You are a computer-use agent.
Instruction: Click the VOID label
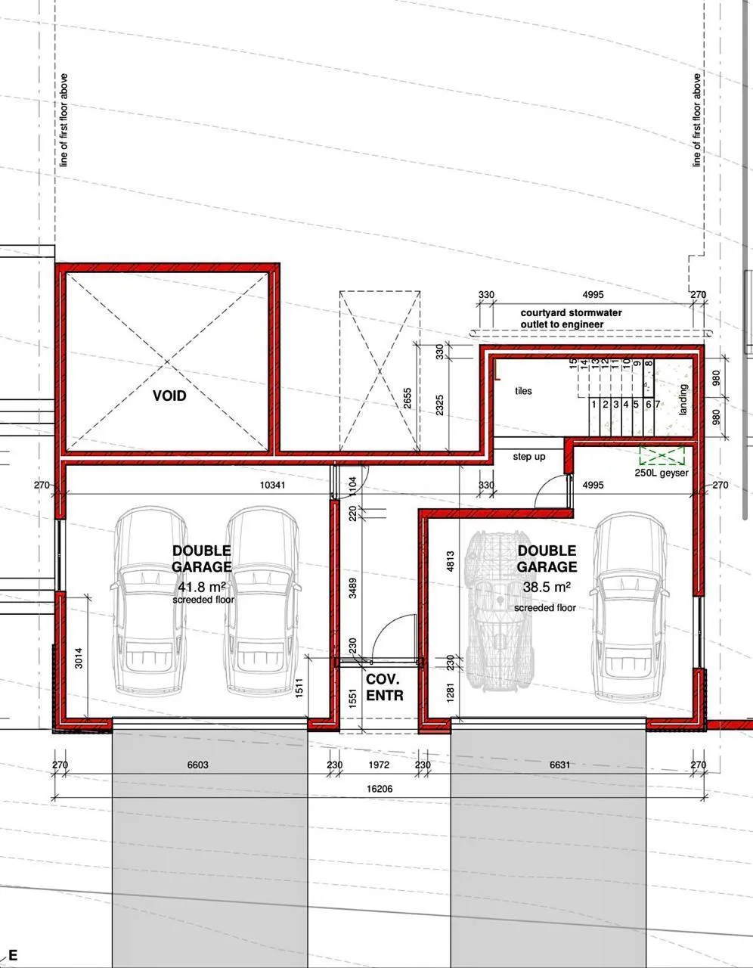[x=169, y=396]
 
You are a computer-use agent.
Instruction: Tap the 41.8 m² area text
[x=202, y=586]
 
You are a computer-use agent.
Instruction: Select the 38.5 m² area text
[x=547, y=587]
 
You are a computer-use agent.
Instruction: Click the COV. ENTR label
[x=385, y=687]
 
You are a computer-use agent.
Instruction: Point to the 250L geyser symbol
[x=662, y=455]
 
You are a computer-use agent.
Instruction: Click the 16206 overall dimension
[x=380, y=789]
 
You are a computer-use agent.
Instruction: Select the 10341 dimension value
[x=272, y=485]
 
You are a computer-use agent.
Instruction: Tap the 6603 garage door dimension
[x=198, y=765]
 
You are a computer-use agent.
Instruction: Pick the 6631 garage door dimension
[x=559, y=765]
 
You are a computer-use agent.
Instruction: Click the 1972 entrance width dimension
[x=379, y=765]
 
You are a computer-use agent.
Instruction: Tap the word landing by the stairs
[x=683, y=399]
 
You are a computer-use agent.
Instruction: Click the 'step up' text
[x=529, y=457]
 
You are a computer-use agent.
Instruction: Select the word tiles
[x=523, y=391]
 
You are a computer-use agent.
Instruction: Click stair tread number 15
[x=573, y=363]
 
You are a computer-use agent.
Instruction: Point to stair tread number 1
[x=593, y=405]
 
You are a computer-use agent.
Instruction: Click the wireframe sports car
[x=500, y=611]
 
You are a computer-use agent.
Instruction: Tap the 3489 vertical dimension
[x=352, y=588]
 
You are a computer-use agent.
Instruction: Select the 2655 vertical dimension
[x=407, y=399]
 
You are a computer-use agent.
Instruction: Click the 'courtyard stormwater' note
[x=571, y=313]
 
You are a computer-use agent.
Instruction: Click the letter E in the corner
[x=12, y=955]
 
